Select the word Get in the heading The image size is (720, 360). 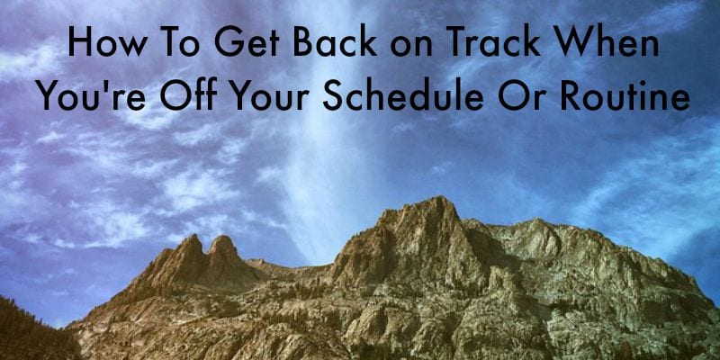[x=247, y=42]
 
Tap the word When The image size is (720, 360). [x=607, y=42]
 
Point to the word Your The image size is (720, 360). [x=270, y=95]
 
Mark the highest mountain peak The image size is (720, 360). [x=438, y=199]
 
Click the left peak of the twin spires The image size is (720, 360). [x=193, y=238]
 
